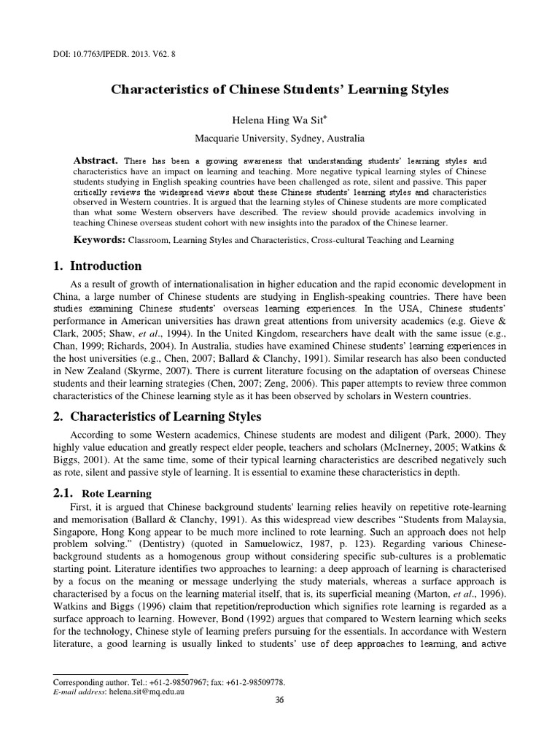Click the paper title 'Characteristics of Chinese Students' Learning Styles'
[x=279, y=89]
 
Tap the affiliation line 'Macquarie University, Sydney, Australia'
[x=279, y=137]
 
